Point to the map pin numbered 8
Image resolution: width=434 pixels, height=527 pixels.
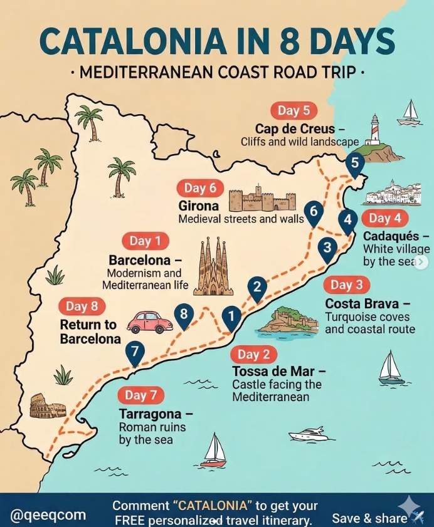184,315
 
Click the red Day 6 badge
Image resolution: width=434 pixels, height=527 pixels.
200,188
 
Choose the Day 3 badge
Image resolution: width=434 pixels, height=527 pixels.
346,285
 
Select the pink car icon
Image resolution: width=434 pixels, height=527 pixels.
150,322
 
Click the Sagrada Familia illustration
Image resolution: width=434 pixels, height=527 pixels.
213,268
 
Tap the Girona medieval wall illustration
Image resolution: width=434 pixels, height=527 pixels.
262,199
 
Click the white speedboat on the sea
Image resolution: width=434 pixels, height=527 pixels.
309,434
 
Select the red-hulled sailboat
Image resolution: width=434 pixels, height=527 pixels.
214,451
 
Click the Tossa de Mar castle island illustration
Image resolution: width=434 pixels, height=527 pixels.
288,321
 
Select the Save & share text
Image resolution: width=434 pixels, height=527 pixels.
369,518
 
